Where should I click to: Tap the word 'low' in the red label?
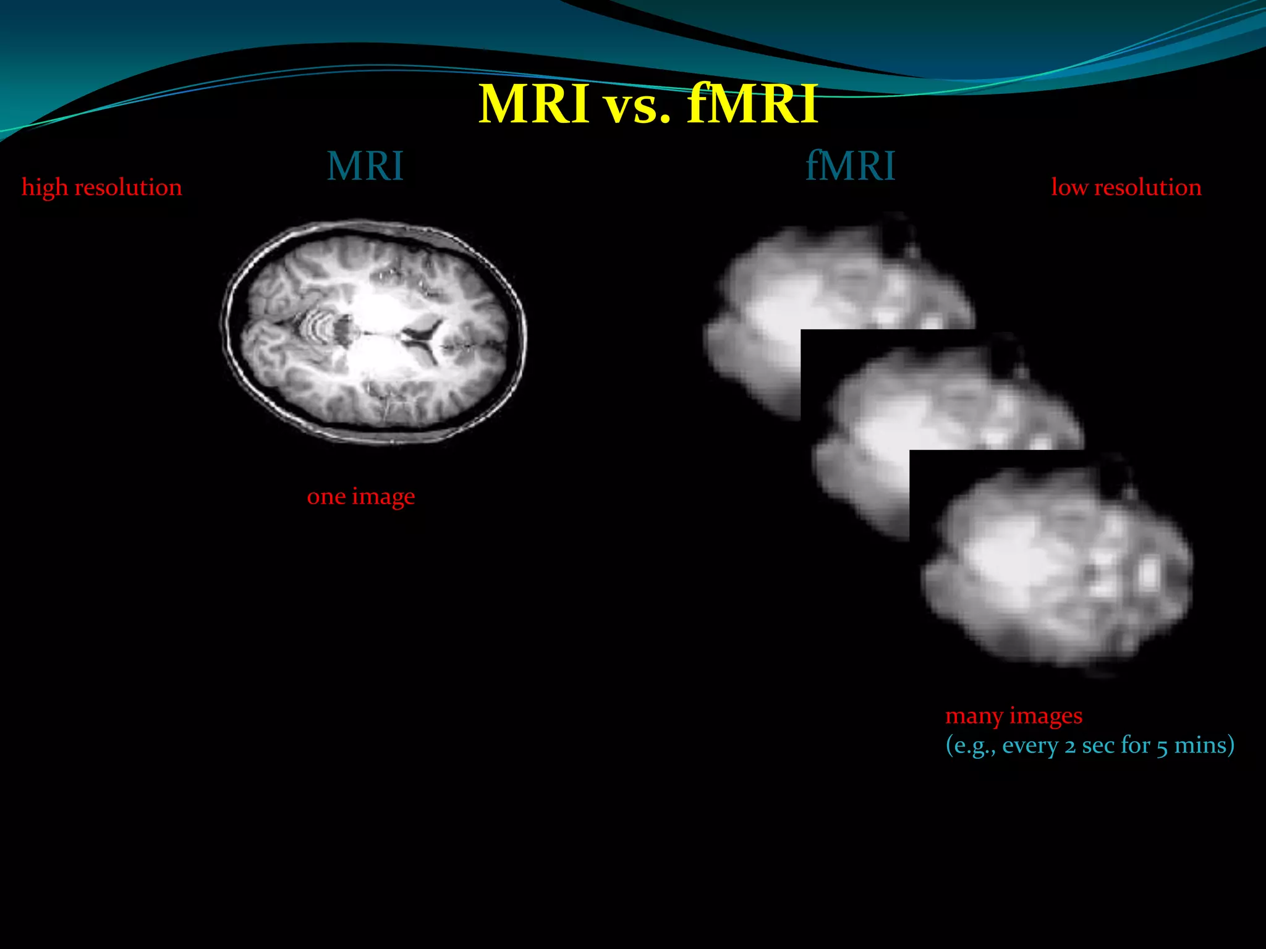[1069, 187]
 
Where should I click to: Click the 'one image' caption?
[361, 496]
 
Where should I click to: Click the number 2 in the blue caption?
[1070, 746]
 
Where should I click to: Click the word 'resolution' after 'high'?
[128, 187]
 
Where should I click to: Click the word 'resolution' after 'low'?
[1148, 187]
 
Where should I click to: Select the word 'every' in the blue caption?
[1029, 746]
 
